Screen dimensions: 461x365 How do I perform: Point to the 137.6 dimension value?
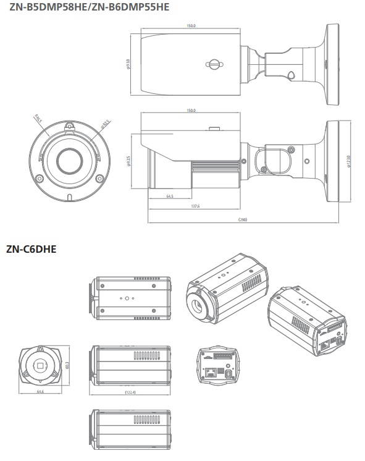click(196, 206)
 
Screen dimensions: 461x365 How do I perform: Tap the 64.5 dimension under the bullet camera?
click(169, 197)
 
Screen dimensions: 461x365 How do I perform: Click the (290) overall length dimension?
click(243, 220)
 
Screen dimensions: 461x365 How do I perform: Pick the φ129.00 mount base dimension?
click(349, 161)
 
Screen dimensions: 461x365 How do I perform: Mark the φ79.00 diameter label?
click(128, 63)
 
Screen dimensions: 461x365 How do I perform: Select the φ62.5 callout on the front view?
click(106, 123)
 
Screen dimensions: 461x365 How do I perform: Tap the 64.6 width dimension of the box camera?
click(40, 392)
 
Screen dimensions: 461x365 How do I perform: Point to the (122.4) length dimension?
click(130, 392)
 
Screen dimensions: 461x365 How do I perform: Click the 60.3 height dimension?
click(67, 365)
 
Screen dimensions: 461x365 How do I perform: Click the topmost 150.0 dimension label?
click(191, 25)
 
